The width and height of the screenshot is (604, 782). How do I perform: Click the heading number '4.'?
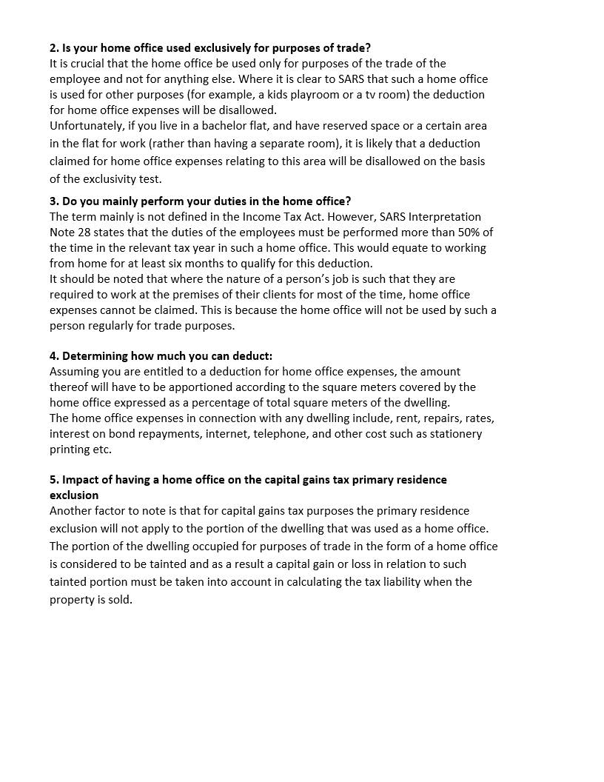point(54,356)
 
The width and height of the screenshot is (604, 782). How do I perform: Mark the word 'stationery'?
point(454,434)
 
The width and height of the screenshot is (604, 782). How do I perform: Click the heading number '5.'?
point(54,480)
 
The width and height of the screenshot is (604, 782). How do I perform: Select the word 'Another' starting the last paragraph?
point(72,511)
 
